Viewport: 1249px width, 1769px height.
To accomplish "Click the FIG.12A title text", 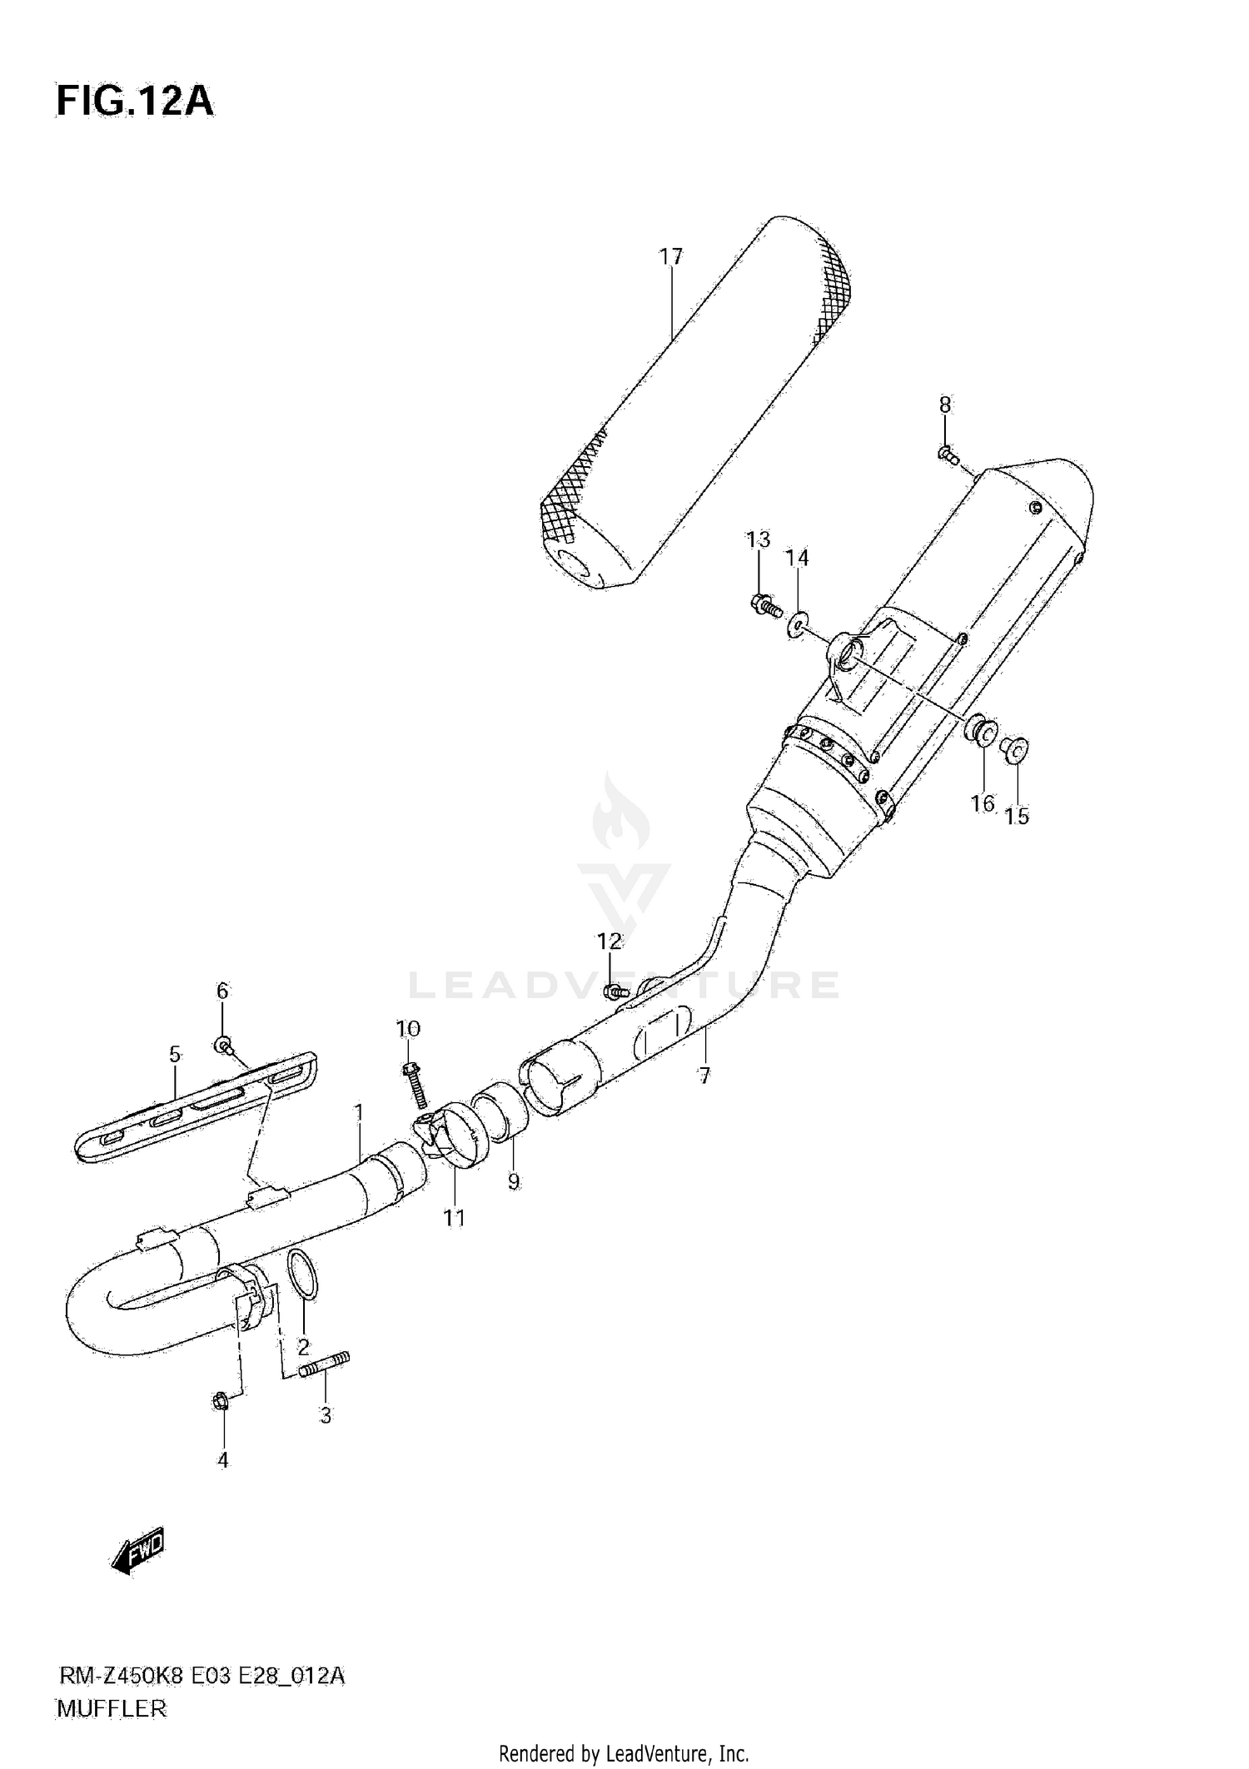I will [135, 101].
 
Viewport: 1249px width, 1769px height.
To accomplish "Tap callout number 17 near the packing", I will [671, 257].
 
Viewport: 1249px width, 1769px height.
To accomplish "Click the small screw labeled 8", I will [948, 455].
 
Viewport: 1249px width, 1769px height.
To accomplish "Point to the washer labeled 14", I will [798, 624].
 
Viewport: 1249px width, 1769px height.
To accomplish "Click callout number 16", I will [983, 803].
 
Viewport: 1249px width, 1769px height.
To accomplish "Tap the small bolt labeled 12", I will [615, 991].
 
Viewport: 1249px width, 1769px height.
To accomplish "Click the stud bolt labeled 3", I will [325, 1365].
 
